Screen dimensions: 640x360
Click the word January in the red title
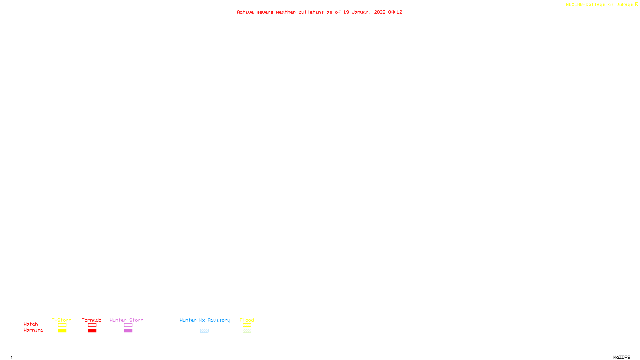click(x=361, y=12)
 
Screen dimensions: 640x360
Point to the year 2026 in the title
click(x=380, y=12)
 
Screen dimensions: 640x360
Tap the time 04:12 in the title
click(x=395, y=12)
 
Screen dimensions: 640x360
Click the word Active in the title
click(x=245, y=12)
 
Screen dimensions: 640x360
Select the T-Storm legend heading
click(x=62, y=320)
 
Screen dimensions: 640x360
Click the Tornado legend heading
click(x=92, y=320)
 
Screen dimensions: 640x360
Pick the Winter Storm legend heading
click(x=126, y=320)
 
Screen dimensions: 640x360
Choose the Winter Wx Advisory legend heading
click(x=205, y=320)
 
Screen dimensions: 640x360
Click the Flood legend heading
click(x=247, y=320)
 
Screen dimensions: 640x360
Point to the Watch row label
click(x=31, y=324)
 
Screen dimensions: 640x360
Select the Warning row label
click(x=33, y=330)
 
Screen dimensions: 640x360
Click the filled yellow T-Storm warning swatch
click(x=62, y=331)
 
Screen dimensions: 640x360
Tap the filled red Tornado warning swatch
click(x=92, y=331)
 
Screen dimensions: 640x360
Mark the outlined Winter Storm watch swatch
click(x=128, y=325)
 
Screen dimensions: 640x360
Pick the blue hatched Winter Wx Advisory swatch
click(x=204, y=331)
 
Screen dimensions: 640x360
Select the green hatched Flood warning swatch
click(x=247, y=331)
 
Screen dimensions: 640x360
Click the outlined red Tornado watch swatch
click(x=92, y=325)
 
